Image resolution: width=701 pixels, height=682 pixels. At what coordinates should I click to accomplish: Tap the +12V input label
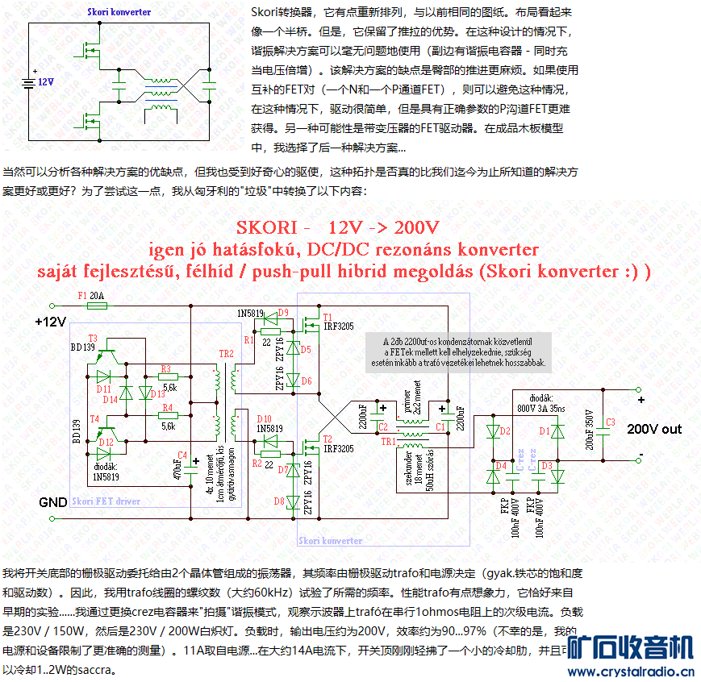pyautogui.click(x=50, y=322)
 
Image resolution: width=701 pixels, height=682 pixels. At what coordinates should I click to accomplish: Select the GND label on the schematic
pyautogui.click(x=52, y=502)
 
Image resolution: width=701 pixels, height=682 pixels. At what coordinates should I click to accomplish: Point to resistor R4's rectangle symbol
pyautogui.click(x=169, y=416)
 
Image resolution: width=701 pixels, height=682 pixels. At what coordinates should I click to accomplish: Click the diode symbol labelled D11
pyautogui.click(x=103, y=376)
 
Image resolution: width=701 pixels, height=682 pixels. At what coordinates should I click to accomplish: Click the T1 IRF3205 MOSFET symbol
pyautogui.click(x=310, y=326)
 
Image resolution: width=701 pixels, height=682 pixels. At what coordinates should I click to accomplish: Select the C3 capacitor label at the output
pyautogui.click(x=610, y=422)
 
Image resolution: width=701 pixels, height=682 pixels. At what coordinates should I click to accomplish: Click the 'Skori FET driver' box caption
pyautogui.click(x=106, y=501)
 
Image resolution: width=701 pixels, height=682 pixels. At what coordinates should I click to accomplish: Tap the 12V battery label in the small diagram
pyautogui.click(x=45, y=82)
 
